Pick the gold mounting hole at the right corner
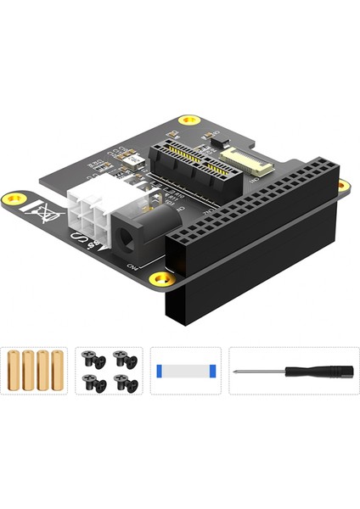pos(342,185)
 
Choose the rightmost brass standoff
pos(58,370)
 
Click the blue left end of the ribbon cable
pos(160,371)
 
